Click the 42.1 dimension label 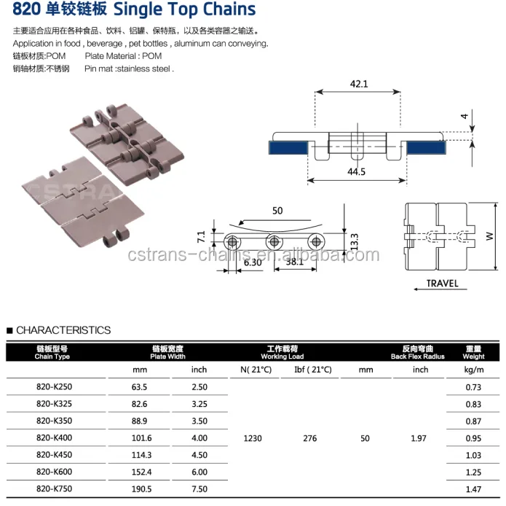tap(359, 84)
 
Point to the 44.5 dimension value tap(356, 171)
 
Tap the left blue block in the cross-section tap(288, 148)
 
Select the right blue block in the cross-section tap(426, 148)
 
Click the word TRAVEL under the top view tap(443, 284)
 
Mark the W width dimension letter tap(489, 236)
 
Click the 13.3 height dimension tap(355, 241)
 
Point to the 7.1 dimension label tap(201, 237)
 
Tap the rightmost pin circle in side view tap(316, 241)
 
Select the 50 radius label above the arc tap(277, 211)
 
